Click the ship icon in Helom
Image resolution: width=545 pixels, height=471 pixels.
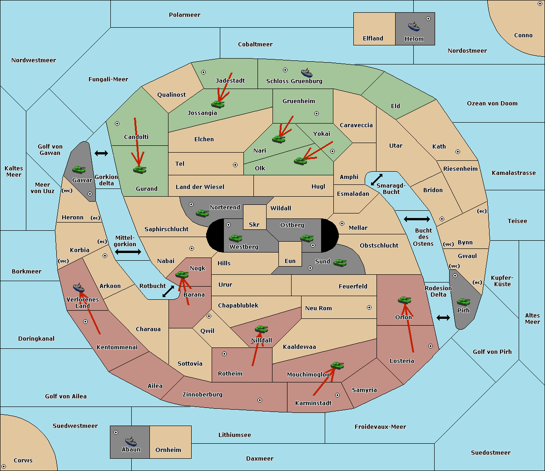[414, 26]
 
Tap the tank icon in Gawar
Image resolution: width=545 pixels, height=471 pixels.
[79, 169]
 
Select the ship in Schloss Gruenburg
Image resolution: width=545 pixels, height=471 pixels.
[307, 73]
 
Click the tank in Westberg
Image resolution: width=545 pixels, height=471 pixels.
[235, 238]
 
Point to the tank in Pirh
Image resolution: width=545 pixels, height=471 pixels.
[463, 302]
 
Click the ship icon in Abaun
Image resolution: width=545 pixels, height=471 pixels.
[131, 441]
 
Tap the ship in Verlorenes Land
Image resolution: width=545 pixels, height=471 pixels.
[79, 288]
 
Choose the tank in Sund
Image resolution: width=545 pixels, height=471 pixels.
[340, 263]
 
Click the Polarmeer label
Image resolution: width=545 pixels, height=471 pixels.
[184, 15]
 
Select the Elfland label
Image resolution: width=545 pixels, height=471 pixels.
[373, 39]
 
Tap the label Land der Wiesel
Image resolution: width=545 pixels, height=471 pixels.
[200, 187]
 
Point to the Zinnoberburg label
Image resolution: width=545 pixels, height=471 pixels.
[203, 395]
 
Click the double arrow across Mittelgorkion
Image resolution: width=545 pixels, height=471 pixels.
[128, 252]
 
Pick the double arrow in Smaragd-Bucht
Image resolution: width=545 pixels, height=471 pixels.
[377, 179]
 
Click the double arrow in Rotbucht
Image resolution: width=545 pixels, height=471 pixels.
[168, 292]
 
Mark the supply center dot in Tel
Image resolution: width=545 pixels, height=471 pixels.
[235, 165]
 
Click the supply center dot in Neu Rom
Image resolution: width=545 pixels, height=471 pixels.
[369, 307]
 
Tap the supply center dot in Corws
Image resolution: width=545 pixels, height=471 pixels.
[4, 466]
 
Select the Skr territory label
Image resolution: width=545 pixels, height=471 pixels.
[254, 224]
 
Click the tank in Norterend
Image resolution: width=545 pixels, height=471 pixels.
[202, 213]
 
